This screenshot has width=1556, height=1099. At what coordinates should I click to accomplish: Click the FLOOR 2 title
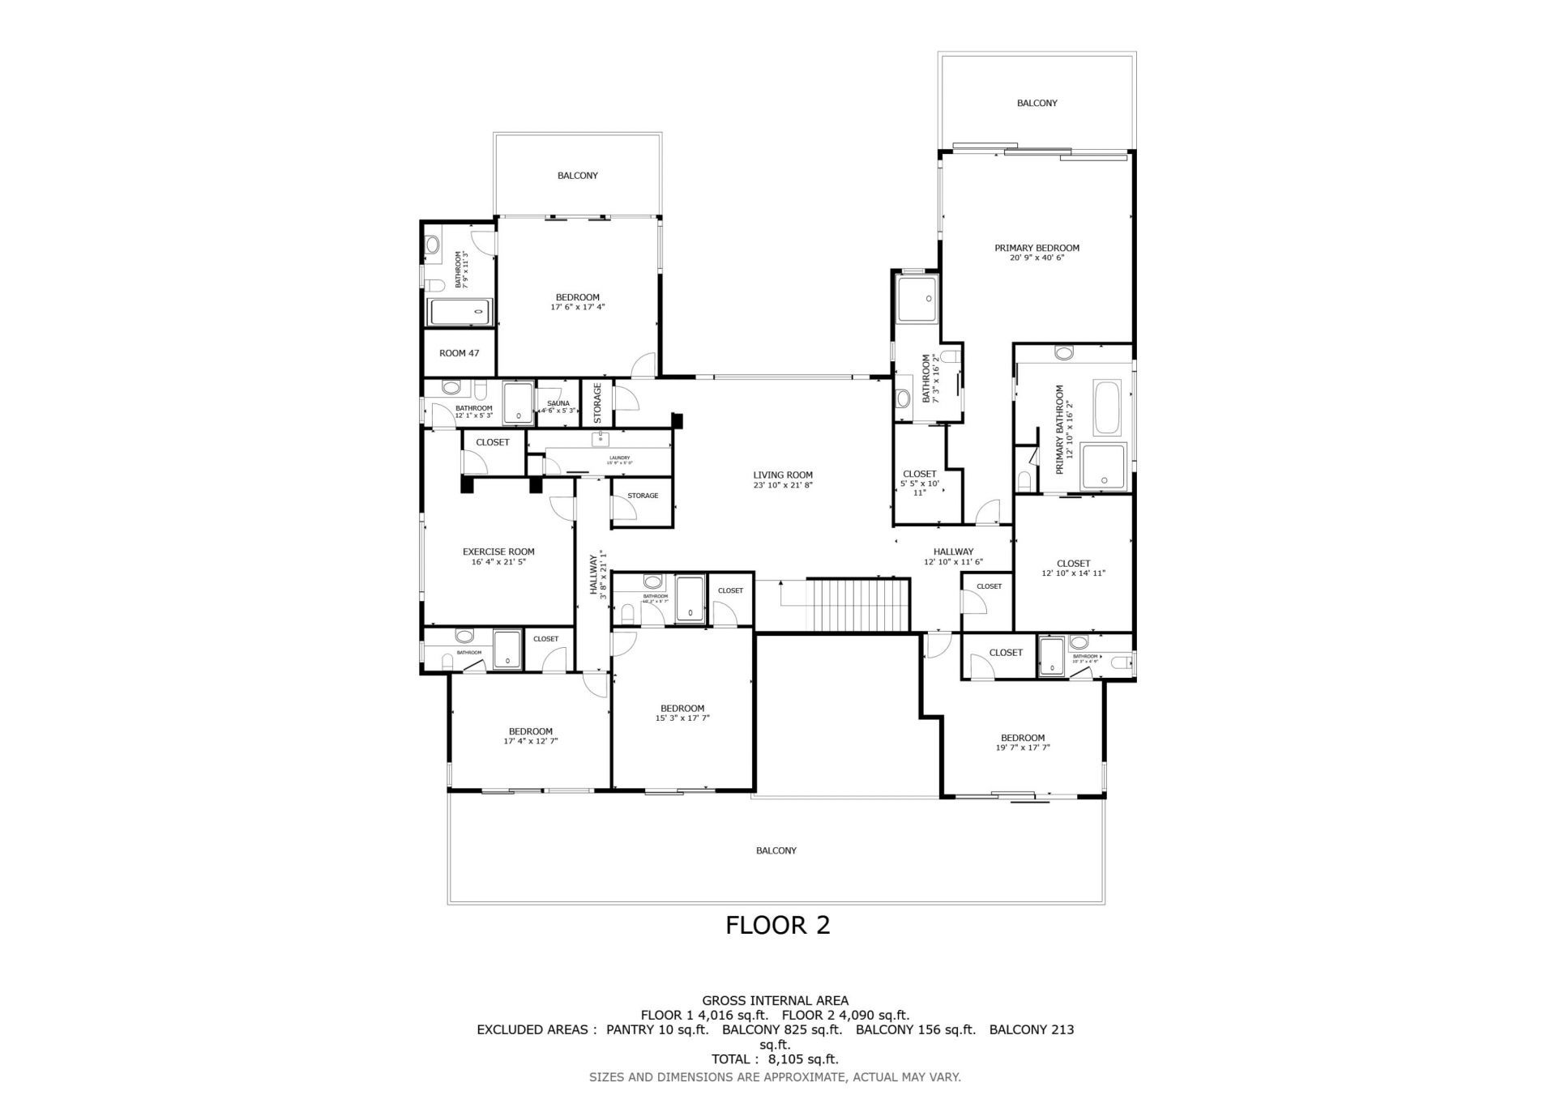pyautogui.click(x=777, y=925)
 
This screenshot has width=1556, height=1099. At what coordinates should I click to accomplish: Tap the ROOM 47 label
pyautogui.click(x=459, y=353)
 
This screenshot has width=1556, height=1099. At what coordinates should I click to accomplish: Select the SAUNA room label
pyautogui.click(x=558, y=403)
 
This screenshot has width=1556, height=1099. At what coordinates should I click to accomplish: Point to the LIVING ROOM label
pyautogui.click(x=782, y=475)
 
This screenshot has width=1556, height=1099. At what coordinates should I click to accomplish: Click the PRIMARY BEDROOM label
pyautogui.click(x=1037, y=248)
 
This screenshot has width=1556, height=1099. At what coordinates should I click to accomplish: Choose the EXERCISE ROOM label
pyautogui.click(x=498, y=552)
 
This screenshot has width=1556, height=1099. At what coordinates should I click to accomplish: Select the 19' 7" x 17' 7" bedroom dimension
pyautogui.click(x=1022, y=748)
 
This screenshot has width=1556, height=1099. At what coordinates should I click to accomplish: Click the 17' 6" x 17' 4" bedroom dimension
pyautogui.click(x=577, y=307)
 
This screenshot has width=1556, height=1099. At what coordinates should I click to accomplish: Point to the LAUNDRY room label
pyautogui.click(x=619, y=458)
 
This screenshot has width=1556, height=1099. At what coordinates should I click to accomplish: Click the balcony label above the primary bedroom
pyautogui.click(x=1037, y=103)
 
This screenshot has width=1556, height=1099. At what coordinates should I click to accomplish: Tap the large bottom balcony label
pyautogui.click(x=776, y=850)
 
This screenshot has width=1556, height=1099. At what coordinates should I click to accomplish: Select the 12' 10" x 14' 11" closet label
pyautogui.click(x=1073, y=573)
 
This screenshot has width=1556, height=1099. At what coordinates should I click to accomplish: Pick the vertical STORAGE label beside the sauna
pyautogui.click(x=597, y=403)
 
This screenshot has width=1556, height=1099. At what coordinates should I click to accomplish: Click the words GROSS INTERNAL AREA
pyautogui.click(x=775, y=1000)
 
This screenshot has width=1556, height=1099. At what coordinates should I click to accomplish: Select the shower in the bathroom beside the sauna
pyautogui.click(x=518, y=403)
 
